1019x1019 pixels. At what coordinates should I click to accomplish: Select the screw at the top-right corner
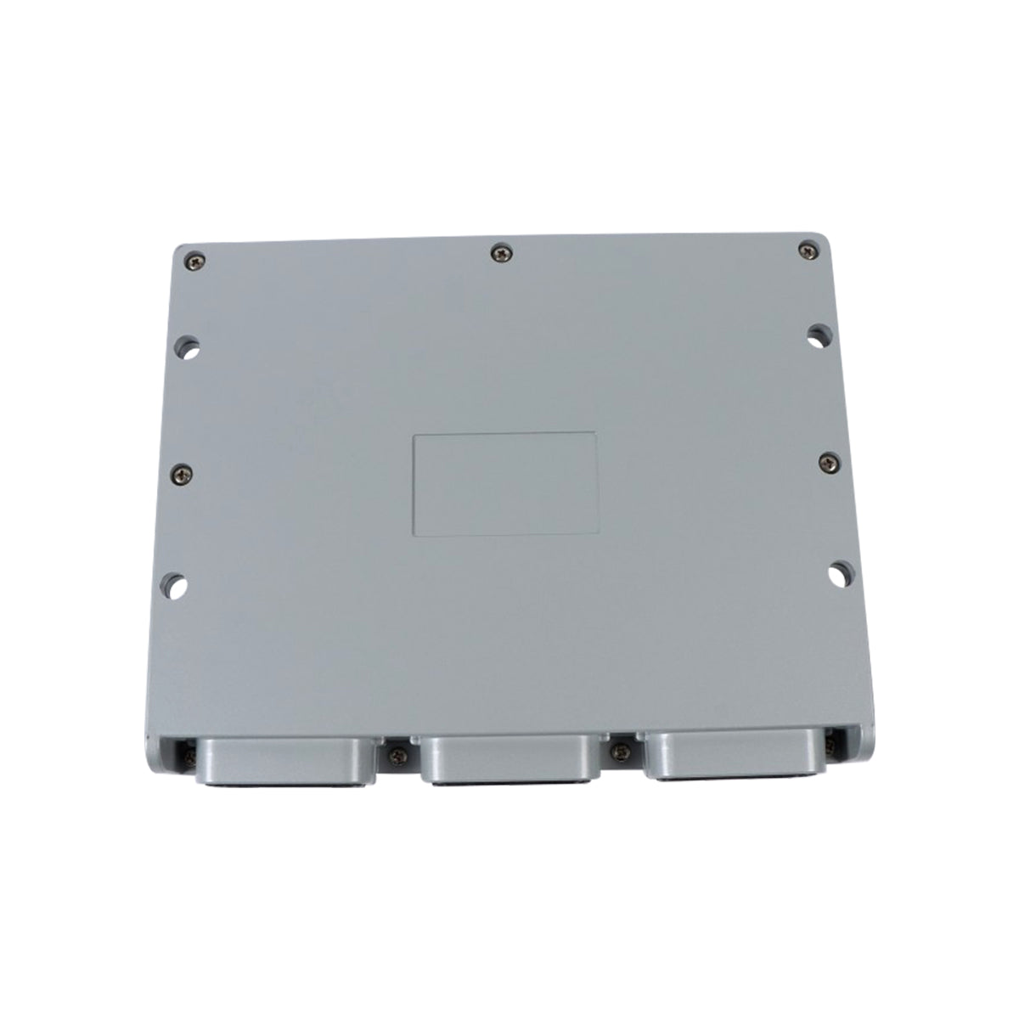[x=805, y=249]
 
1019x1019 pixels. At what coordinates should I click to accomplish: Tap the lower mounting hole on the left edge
[x=176, y=585]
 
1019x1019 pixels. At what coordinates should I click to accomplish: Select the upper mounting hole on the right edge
[x=818, y=334]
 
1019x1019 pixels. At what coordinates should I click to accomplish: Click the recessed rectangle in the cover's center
[x=504, y=484]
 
